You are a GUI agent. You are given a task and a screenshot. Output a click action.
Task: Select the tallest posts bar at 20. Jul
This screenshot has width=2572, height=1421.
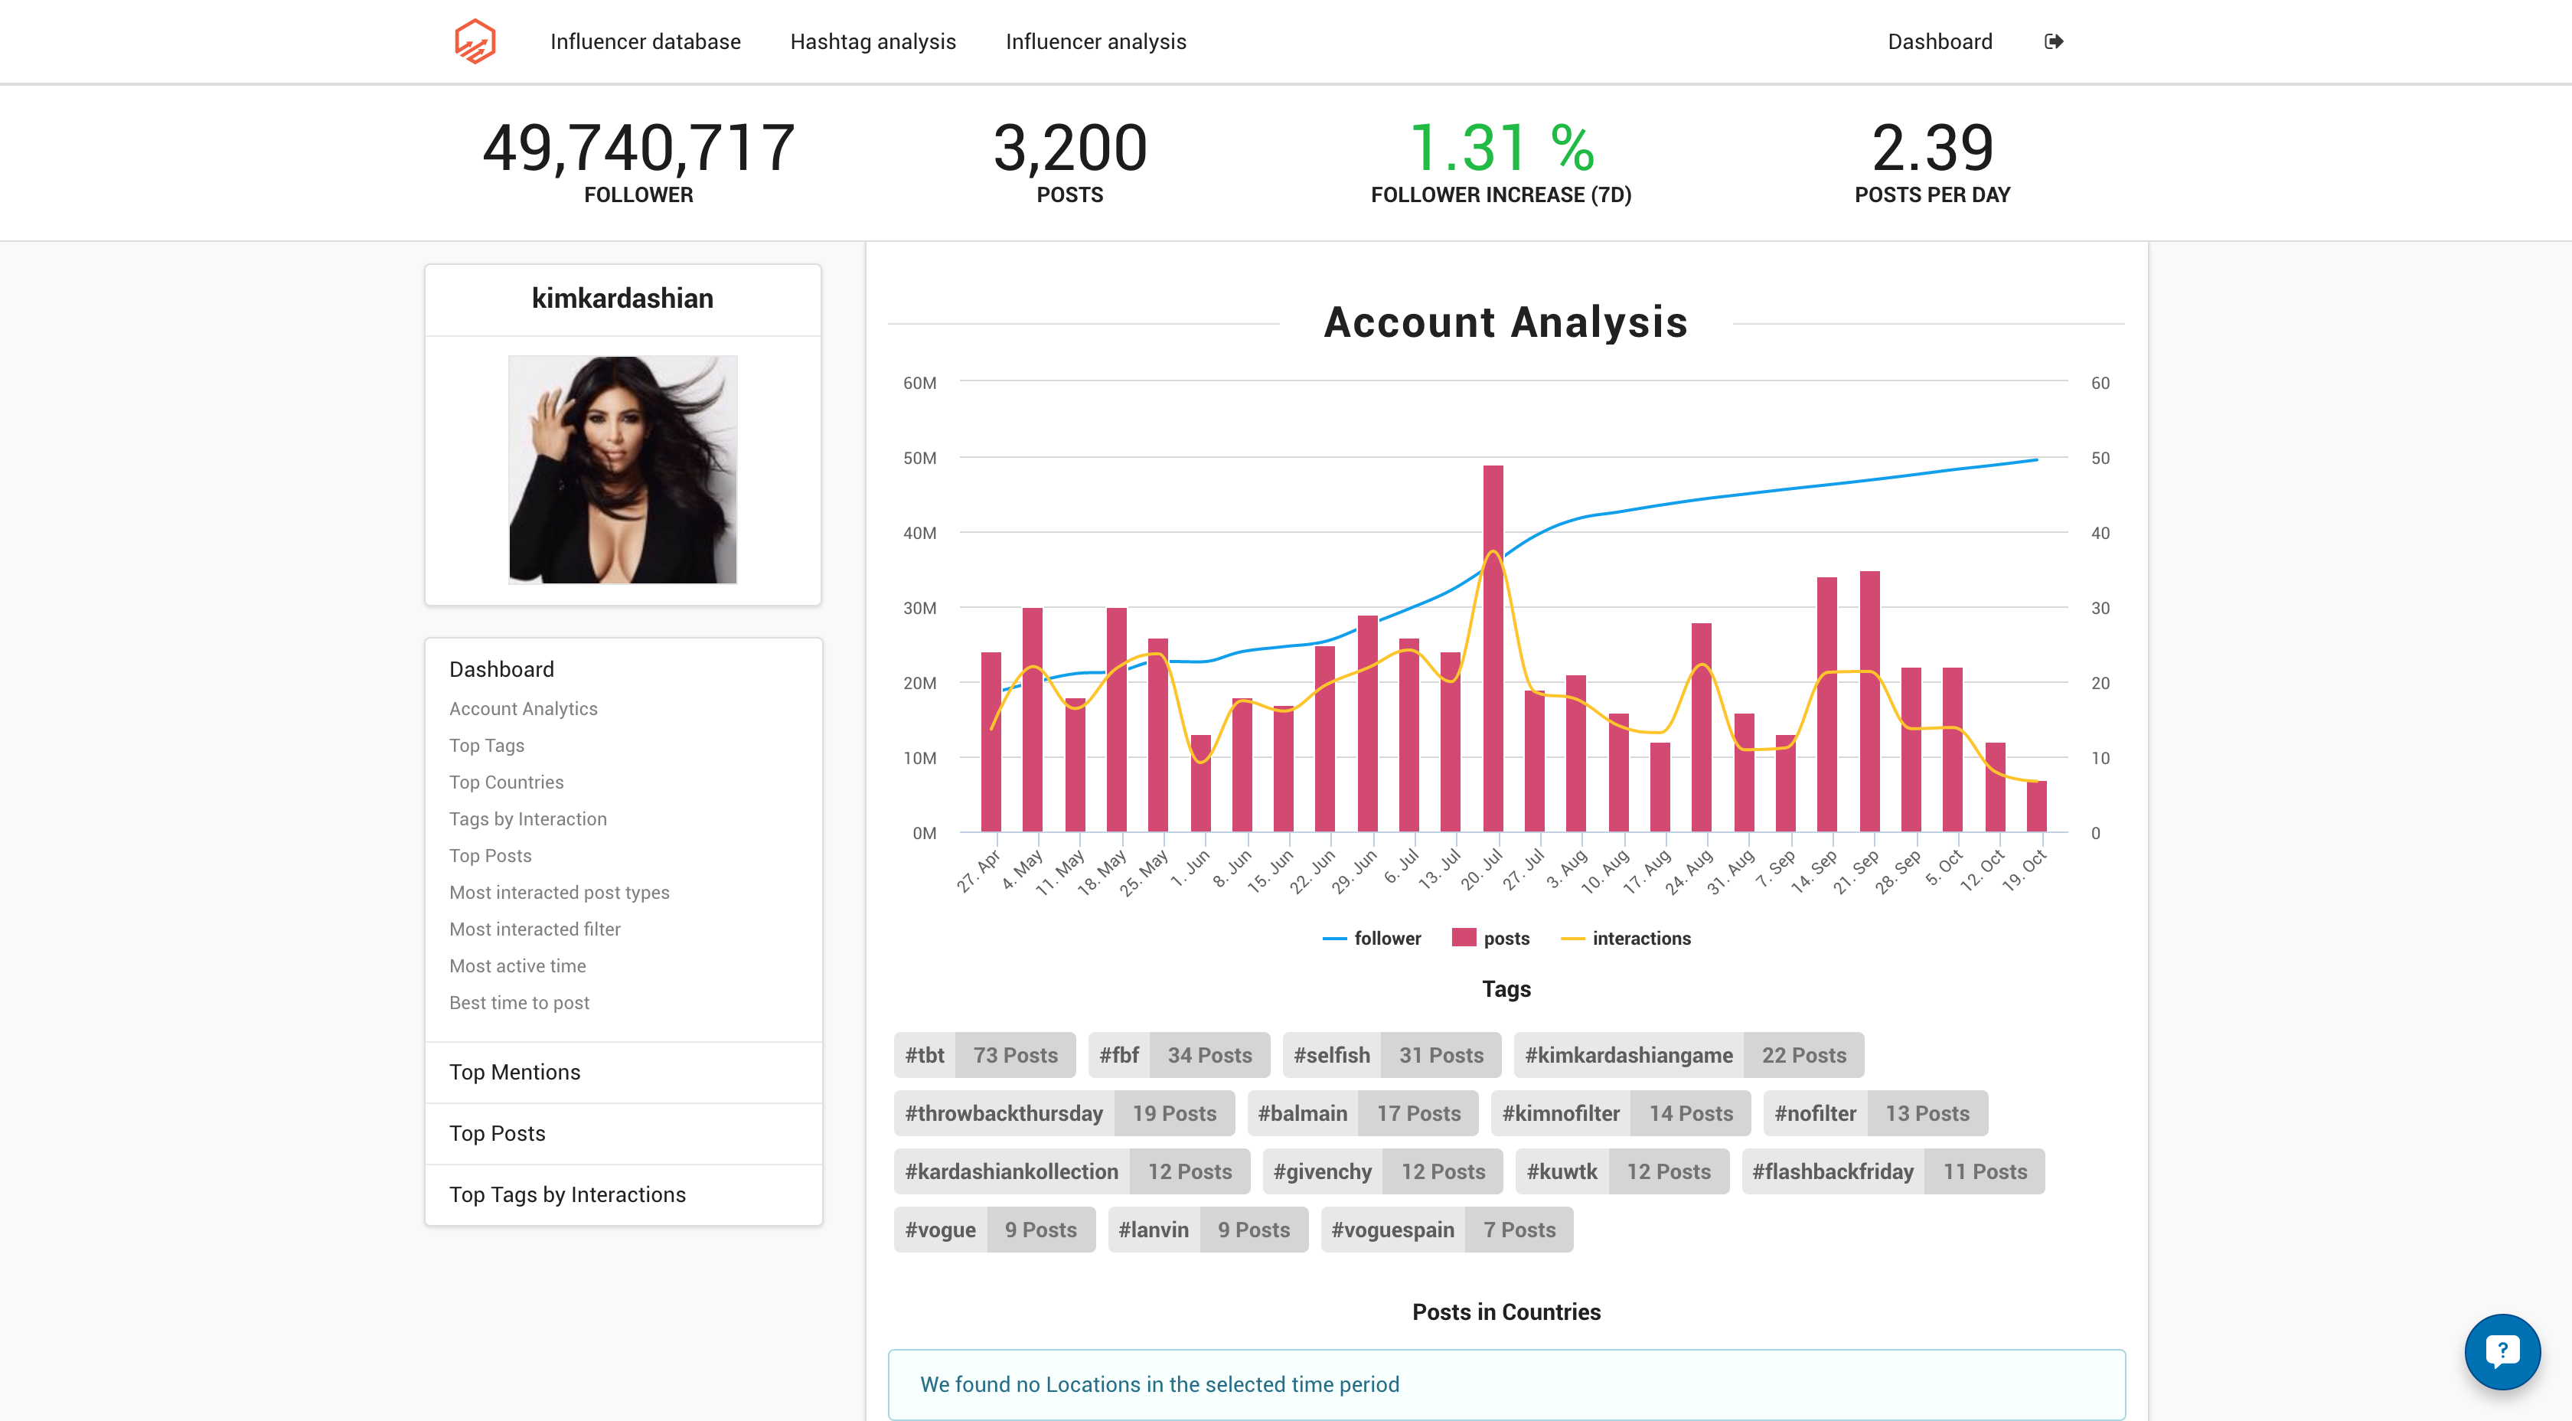pos(1493,649)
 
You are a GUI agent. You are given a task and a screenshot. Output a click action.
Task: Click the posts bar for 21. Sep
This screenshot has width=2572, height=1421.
pos(1869,701)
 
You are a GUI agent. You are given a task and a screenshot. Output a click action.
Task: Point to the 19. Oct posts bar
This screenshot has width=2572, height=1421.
pos(2036,807)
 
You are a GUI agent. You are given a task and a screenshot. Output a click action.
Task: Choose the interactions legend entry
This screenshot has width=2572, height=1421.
pos(1627,938)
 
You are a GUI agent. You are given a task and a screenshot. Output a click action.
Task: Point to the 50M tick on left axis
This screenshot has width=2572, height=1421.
pos(919,459)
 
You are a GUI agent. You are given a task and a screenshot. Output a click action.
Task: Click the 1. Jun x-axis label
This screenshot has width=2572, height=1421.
pos(1191,869)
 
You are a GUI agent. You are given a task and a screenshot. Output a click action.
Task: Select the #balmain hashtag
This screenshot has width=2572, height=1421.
pos(1302,1113)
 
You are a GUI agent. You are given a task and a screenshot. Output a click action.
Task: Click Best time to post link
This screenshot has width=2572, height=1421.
pos(519,1003)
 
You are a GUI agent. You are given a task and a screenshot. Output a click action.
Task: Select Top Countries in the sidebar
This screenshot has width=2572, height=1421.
pos(506,782)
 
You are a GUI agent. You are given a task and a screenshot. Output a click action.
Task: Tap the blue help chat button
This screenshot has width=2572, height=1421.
pos(2501,1352)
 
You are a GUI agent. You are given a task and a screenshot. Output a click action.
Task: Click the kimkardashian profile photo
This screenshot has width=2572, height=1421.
pos(622,469)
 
